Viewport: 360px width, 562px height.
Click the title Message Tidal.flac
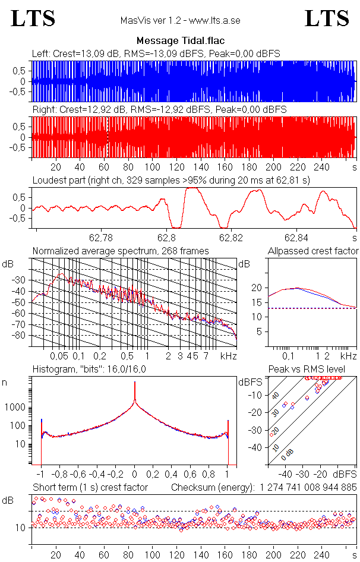tap(181, 40)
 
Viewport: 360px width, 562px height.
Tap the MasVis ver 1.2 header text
tap(180, 20)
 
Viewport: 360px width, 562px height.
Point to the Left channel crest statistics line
tap(156, 54)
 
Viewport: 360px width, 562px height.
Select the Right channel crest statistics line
tap(159, 110)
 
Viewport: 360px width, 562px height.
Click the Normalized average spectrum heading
tap(121, 251)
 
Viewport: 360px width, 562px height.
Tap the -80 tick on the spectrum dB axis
tap(22, 336)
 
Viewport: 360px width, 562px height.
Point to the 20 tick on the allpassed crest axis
tap(257, 288)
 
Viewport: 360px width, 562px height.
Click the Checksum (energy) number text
tap(264, 488)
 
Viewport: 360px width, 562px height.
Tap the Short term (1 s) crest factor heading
tap(90, 488)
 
